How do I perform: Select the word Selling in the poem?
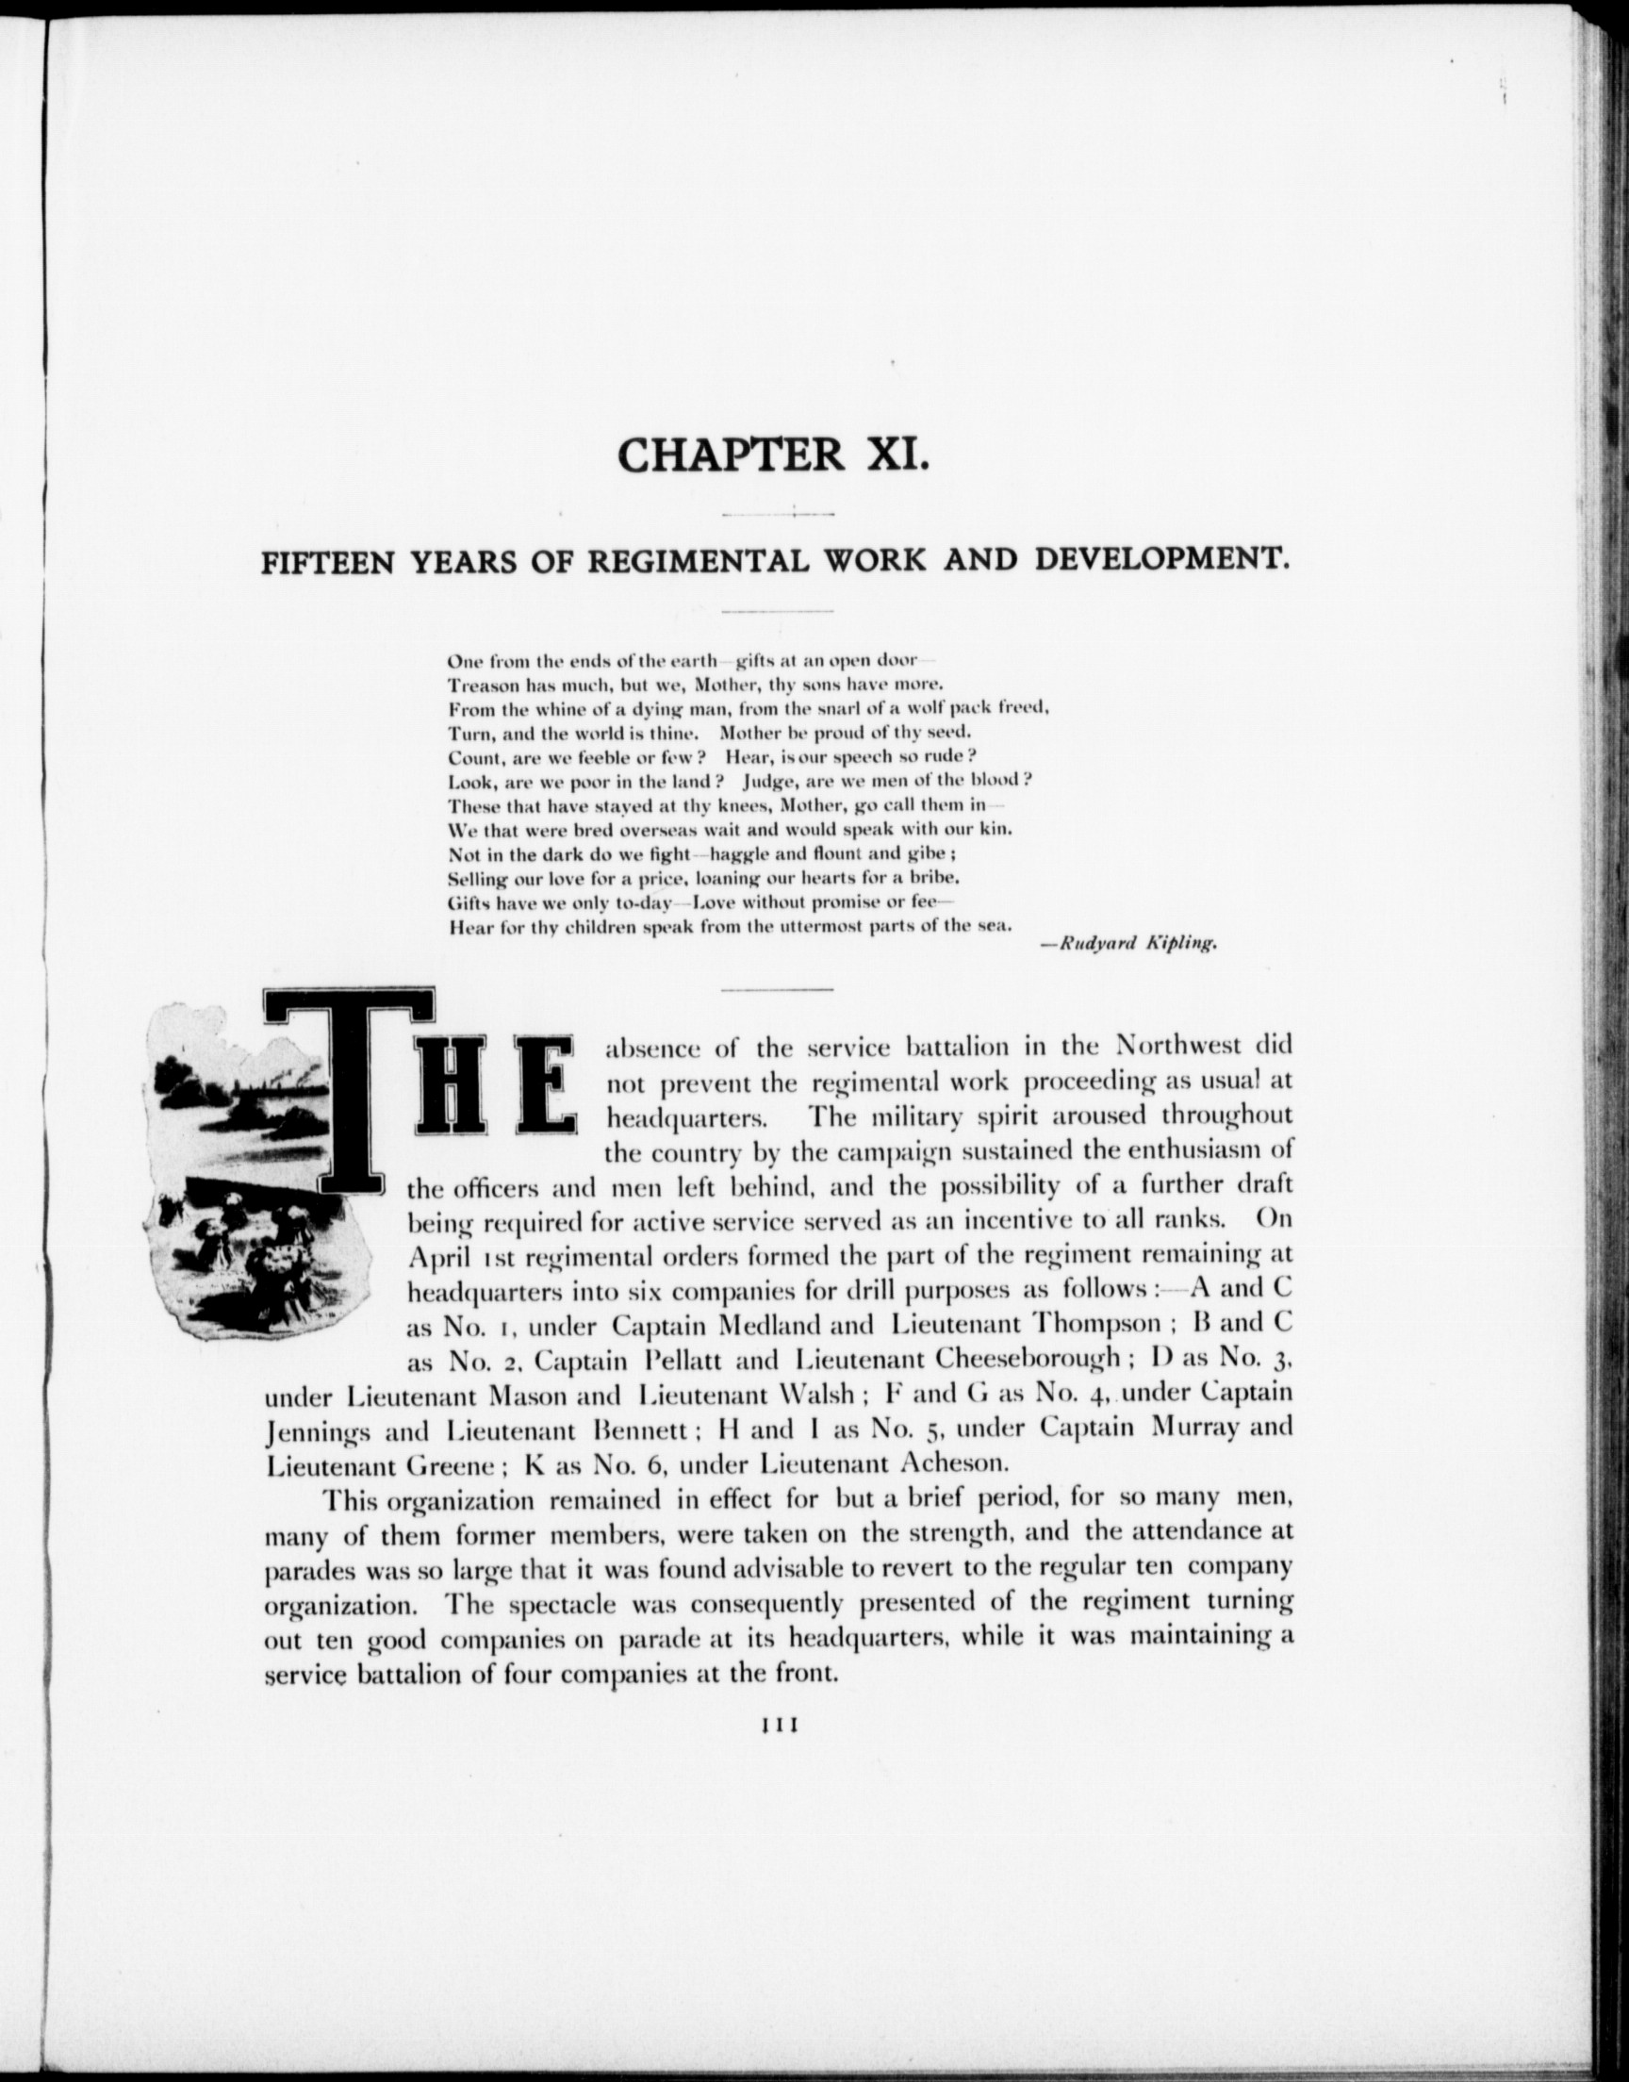tap(478, 876)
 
